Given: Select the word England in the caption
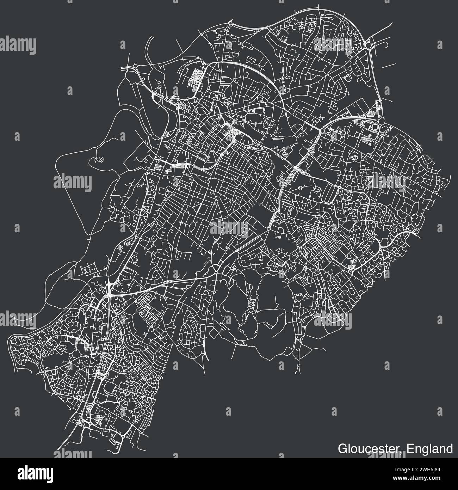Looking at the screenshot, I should pos(429,449).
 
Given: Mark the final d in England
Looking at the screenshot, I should pos(450,449).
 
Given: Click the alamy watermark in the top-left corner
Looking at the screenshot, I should pos(18,45).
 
